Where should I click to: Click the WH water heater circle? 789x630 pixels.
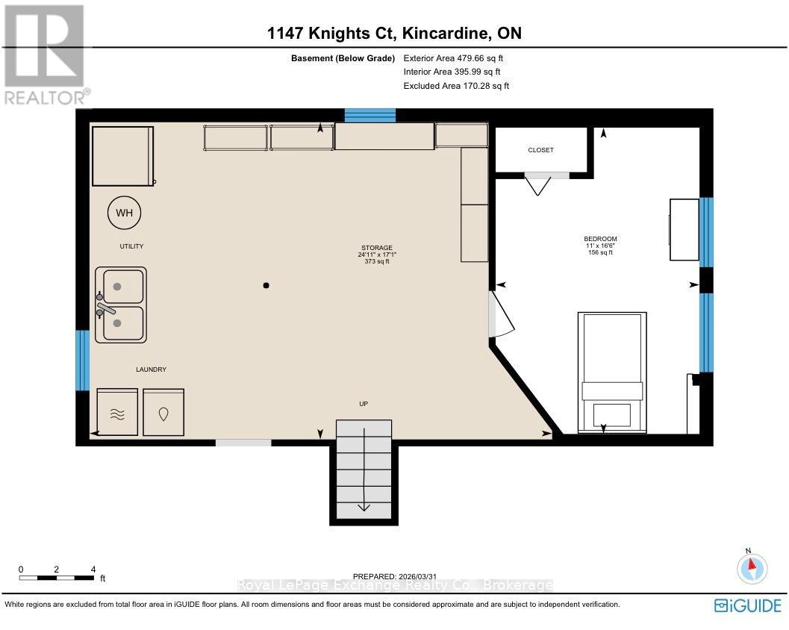(x=124, y=213)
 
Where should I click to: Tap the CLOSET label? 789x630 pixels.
(x=540, y=150)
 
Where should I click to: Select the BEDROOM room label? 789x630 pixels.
(x=600, y=239)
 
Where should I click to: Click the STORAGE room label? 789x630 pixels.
(x=377, y=248)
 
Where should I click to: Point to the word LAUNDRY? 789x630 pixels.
(x=150, y=369)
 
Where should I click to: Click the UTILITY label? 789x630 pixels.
(x=131, y=246)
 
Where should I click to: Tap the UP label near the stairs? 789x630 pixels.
(x=364, y=404)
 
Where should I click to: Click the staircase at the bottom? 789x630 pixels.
(x=364, y=470)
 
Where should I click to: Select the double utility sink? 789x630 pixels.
(x=121, y=305)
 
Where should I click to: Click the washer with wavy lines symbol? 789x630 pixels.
(x=118, y=412)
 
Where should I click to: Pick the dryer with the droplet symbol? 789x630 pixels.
(x=163, y=412)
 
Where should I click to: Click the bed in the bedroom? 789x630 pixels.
(x=612, y=372)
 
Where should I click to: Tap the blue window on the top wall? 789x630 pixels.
(x=369, y=115)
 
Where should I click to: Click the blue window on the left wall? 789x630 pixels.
(x=83, y=361)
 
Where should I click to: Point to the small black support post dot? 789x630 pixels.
(x=266, y=285)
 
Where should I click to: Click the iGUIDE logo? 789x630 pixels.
(x=747, y=605)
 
